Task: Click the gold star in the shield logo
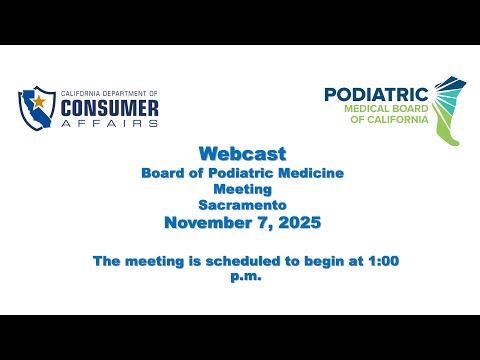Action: click(x=39, y=101)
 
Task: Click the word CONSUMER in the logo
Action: click(x=110, y=108)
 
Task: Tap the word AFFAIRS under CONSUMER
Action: click(x=110, y=123)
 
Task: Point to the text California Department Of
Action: click(x=109, y=94)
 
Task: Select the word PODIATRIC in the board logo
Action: click(x=376, y=94)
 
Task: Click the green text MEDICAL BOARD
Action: click(x=386, y=109)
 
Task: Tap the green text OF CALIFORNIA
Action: click(x=389, y=119)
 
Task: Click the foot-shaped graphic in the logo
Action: click(x=449, y=110)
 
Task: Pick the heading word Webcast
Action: click(x=243, y=154)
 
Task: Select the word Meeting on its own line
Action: click(x=243, y=189)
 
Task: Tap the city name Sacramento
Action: click(x=243, y=205)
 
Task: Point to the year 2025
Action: click(x=300, y=223)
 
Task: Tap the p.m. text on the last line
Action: click(x=246, y=277)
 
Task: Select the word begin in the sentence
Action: click(x=324, y=262)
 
